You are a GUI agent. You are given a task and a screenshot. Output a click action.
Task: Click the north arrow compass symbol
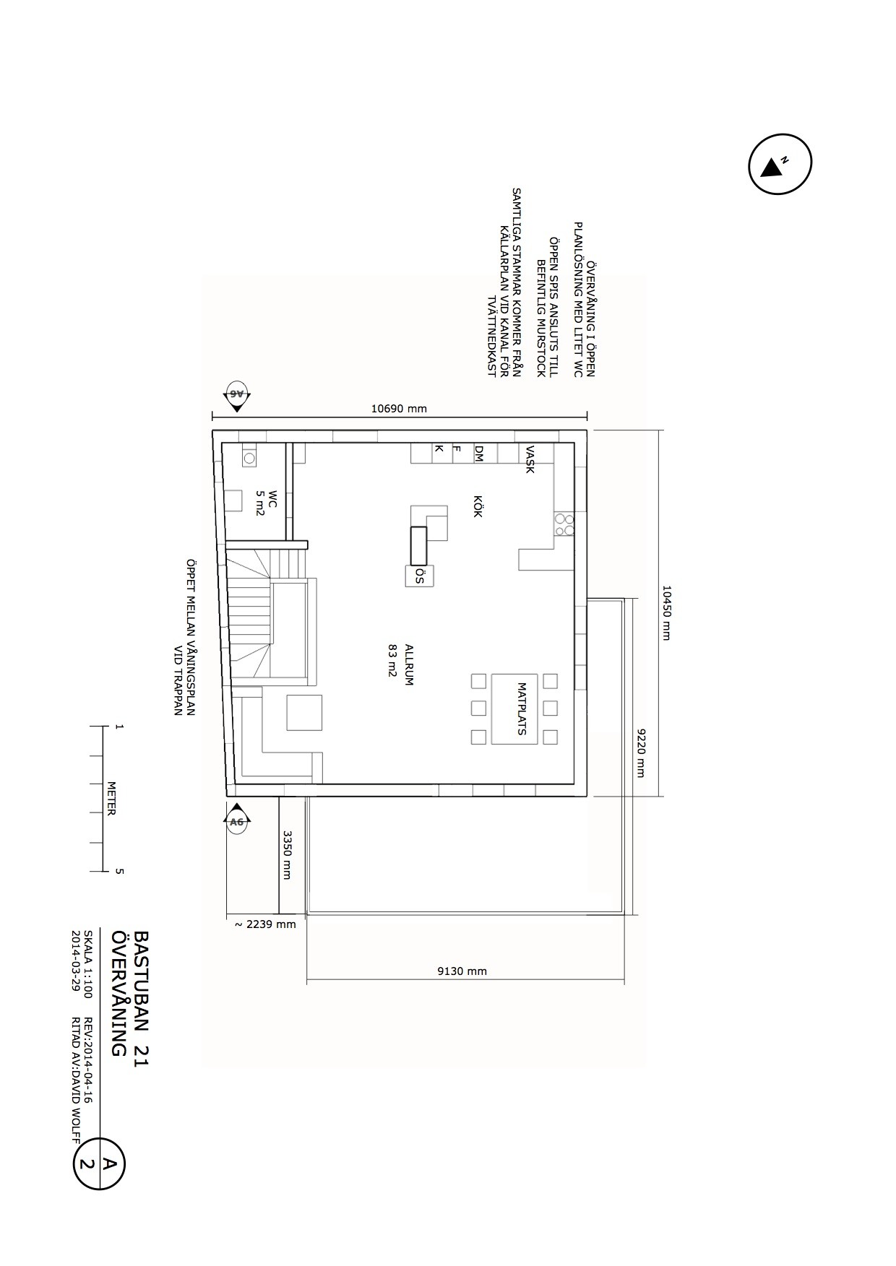(x=780, y=164)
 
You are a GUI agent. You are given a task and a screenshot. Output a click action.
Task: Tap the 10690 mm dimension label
(x=399, y=409)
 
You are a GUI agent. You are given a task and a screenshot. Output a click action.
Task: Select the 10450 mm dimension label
(x=665, y=612)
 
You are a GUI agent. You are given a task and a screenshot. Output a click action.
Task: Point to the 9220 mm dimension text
(x=639, y=753)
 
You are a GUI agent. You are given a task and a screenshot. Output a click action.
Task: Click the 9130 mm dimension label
(x=462, y=971)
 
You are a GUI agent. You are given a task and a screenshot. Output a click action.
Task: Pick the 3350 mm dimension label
(x=287, y=855)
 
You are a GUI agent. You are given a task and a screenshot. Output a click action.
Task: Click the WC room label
(x=272, y=500)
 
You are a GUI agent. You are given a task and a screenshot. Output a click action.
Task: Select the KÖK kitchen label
(x=478, y=506)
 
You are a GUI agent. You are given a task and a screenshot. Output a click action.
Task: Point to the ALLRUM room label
(x=409, y=664)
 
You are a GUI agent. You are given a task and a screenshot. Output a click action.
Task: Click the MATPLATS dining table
(x=514, y=708)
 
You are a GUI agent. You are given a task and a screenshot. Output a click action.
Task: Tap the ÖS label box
(x=419, y=576)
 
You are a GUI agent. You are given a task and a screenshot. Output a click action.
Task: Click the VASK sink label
(x=530, y=459)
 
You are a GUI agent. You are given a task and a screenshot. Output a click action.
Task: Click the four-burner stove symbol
(x=564, y=524)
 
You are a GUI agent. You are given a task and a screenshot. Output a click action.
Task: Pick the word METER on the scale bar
(x=111, y=798)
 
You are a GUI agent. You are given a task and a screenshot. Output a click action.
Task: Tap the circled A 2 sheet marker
(x=99, y=1163)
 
